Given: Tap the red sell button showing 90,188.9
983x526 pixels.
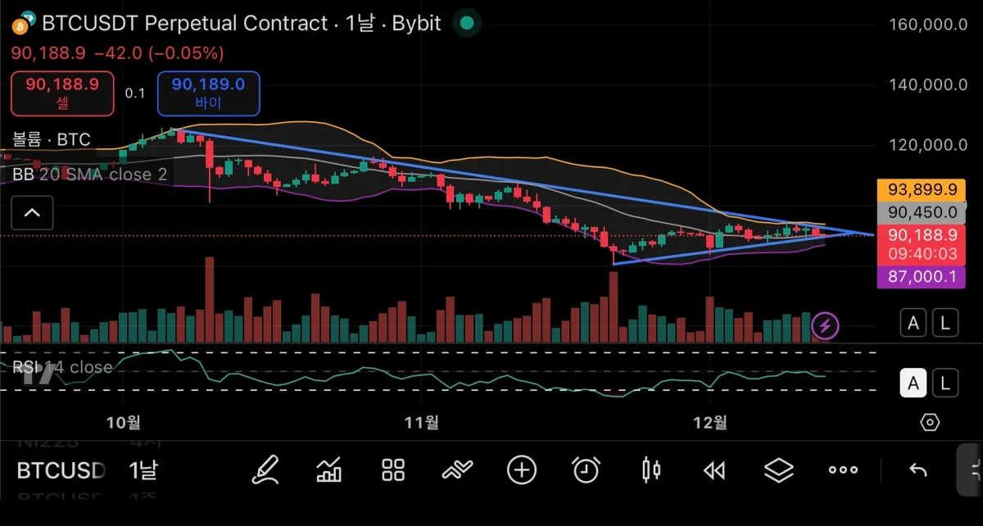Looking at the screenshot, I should [62, 93].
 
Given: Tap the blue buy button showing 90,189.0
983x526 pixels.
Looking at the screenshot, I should [208, 93].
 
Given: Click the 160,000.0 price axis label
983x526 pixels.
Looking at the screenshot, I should [928, 25].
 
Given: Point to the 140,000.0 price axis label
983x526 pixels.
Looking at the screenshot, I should [928, 84].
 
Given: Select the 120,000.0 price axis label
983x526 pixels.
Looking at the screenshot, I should [928, 145].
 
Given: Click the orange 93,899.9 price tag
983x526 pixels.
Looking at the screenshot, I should [928, 190].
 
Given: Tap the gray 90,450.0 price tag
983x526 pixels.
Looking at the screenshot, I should [928, 212].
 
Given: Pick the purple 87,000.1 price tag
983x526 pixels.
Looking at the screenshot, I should [928, 277].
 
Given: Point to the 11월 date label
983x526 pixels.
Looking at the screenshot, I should [422, 422].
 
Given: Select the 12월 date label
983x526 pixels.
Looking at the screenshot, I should [710, 422].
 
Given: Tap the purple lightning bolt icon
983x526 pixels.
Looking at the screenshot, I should [825, 326].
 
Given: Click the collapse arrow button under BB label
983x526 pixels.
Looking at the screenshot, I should [32, 214].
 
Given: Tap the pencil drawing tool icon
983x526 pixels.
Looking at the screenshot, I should [265, 470].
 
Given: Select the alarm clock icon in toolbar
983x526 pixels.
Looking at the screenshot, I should [586, 470].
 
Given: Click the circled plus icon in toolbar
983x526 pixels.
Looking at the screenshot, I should [522, 470].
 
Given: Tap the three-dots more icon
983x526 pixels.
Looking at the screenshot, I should [843, 470].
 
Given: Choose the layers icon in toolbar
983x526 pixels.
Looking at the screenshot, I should [779, 470].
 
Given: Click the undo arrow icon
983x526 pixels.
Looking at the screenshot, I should [918, 470].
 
